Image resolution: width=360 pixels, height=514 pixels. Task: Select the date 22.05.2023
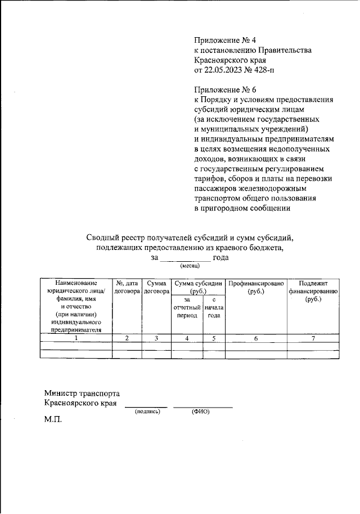[x=224, y=70]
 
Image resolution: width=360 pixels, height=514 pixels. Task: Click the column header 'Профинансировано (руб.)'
[x=256, y=287]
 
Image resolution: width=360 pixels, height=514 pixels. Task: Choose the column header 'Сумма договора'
[x=156, y=287]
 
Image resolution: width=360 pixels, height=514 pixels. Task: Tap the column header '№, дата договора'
[x=127, y=287]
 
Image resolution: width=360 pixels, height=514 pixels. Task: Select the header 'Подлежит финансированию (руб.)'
[x=313, y=291]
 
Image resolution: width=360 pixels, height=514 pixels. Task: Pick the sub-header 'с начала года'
[x=214, y=308]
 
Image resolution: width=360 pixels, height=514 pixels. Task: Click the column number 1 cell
[x=76, y=338]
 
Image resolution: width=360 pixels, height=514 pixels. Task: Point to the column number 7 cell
[x=313, y=338]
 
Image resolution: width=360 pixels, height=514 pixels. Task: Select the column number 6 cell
[x=256, y=338]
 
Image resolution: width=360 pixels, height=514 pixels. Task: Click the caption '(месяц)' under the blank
[x=186, y=266]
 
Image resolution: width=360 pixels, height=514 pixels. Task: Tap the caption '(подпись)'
[x=147, y=412]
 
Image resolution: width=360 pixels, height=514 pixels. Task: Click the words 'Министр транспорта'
[x=82, y=393]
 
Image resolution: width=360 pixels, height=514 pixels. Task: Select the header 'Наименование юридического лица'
[x=76, y=287]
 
